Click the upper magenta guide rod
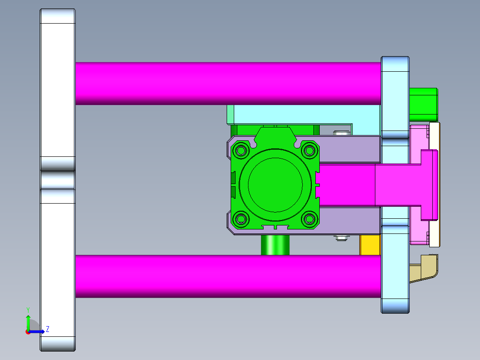[227, 83]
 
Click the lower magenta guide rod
[227, 276]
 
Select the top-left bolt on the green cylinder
[241, 150]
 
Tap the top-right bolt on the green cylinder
[308, 150]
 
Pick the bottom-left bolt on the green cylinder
[241, 219]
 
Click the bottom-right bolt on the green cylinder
[308, 219]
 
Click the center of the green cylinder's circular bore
[275, 184]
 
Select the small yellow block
[370, 245]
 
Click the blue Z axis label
[48, 329]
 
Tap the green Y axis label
[28, 309]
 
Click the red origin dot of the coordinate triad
[28, 332]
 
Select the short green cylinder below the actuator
[275, 245]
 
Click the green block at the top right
[423, 104]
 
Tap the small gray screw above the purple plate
[342, 133]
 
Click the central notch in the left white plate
[57, 180]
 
